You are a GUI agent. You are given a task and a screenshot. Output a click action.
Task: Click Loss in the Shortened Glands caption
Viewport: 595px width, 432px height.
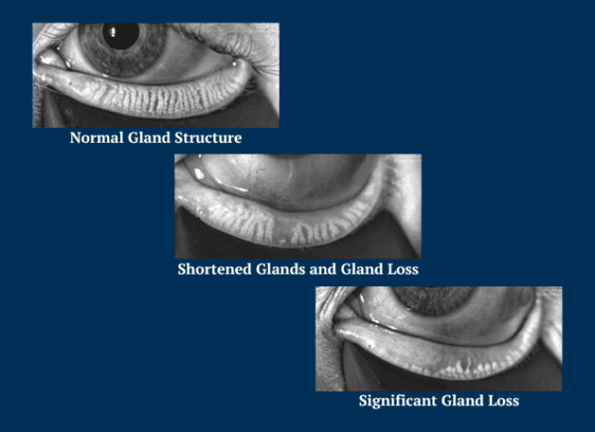(399, 269)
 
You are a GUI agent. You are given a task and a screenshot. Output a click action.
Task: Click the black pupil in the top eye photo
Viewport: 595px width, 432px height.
(123, 36)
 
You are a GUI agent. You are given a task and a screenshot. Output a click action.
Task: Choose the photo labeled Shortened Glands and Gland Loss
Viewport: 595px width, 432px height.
(297, 206)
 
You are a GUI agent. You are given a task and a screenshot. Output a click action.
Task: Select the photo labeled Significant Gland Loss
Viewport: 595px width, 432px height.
(438, 339)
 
